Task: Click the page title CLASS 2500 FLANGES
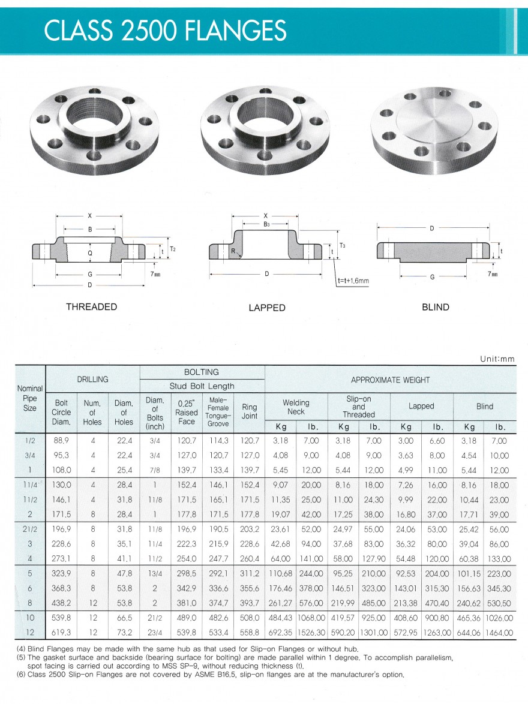tap(165, 30)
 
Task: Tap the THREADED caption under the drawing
tap(91, 307)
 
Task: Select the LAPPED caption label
tap(267, 308)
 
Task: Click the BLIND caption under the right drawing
tap(436, 307)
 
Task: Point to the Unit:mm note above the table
tap(497, 359)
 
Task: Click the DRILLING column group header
tap(92, 379)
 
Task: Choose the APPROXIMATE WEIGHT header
tap(390, 380)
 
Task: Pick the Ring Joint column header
tap(249, 412)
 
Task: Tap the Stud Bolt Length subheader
tap(202, 386)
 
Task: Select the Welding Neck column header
tap(296, 407)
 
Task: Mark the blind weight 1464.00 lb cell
tap(499, 632)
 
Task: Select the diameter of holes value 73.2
tap(124, 632)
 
